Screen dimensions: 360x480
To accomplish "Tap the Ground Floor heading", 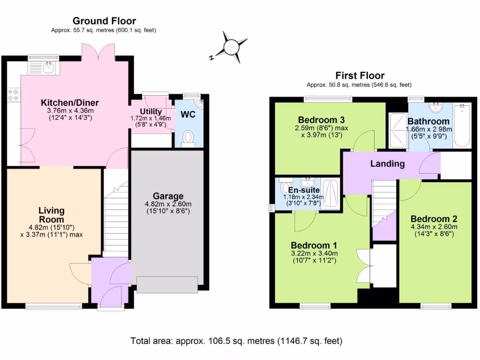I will [104, 21].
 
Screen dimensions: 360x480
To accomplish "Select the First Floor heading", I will [360, 75].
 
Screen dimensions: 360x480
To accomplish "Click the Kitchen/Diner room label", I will [70, 103].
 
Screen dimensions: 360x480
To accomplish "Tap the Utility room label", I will [151, 111].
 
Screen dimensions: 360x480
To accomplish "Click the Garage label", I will [168, 196].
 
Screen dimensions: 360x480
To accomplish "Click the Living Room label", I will [52, 215].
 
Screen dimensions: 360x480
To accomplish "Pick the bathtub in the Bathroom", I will [462, 126].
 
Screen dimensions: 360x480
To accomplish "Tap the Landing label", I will [387, 164].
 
